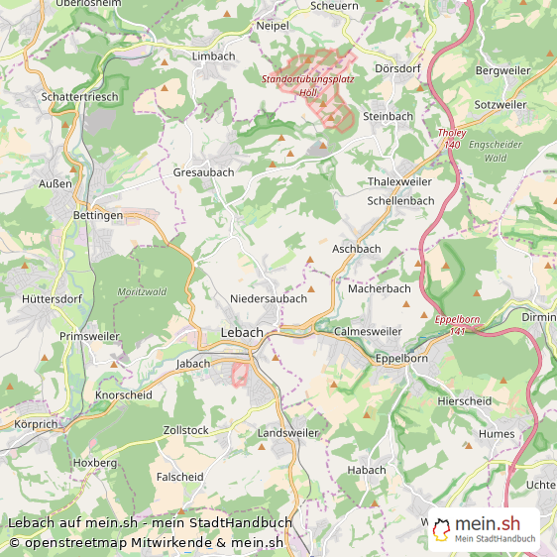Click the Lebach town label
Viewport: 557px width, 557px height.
(242, 333)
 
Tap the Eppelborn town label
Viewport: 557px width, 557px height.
(399, 360)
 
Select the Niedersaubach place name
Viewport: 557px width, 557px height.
(268, 298)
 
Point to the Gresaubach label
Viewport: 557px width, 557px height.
(203, 171)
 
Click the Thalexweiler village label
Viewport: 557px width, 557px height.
(399, 182)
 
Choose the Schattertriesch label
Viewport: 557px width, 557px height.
(80, 97)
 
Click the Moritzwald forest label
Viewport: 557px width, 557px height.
(141, 291)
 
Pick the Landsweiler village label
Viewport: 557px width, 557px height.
(287, 434)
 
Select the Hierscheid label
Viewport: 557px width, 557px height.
(464, 401)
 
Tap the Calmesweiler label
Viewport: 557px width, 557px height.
(369, 331)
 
